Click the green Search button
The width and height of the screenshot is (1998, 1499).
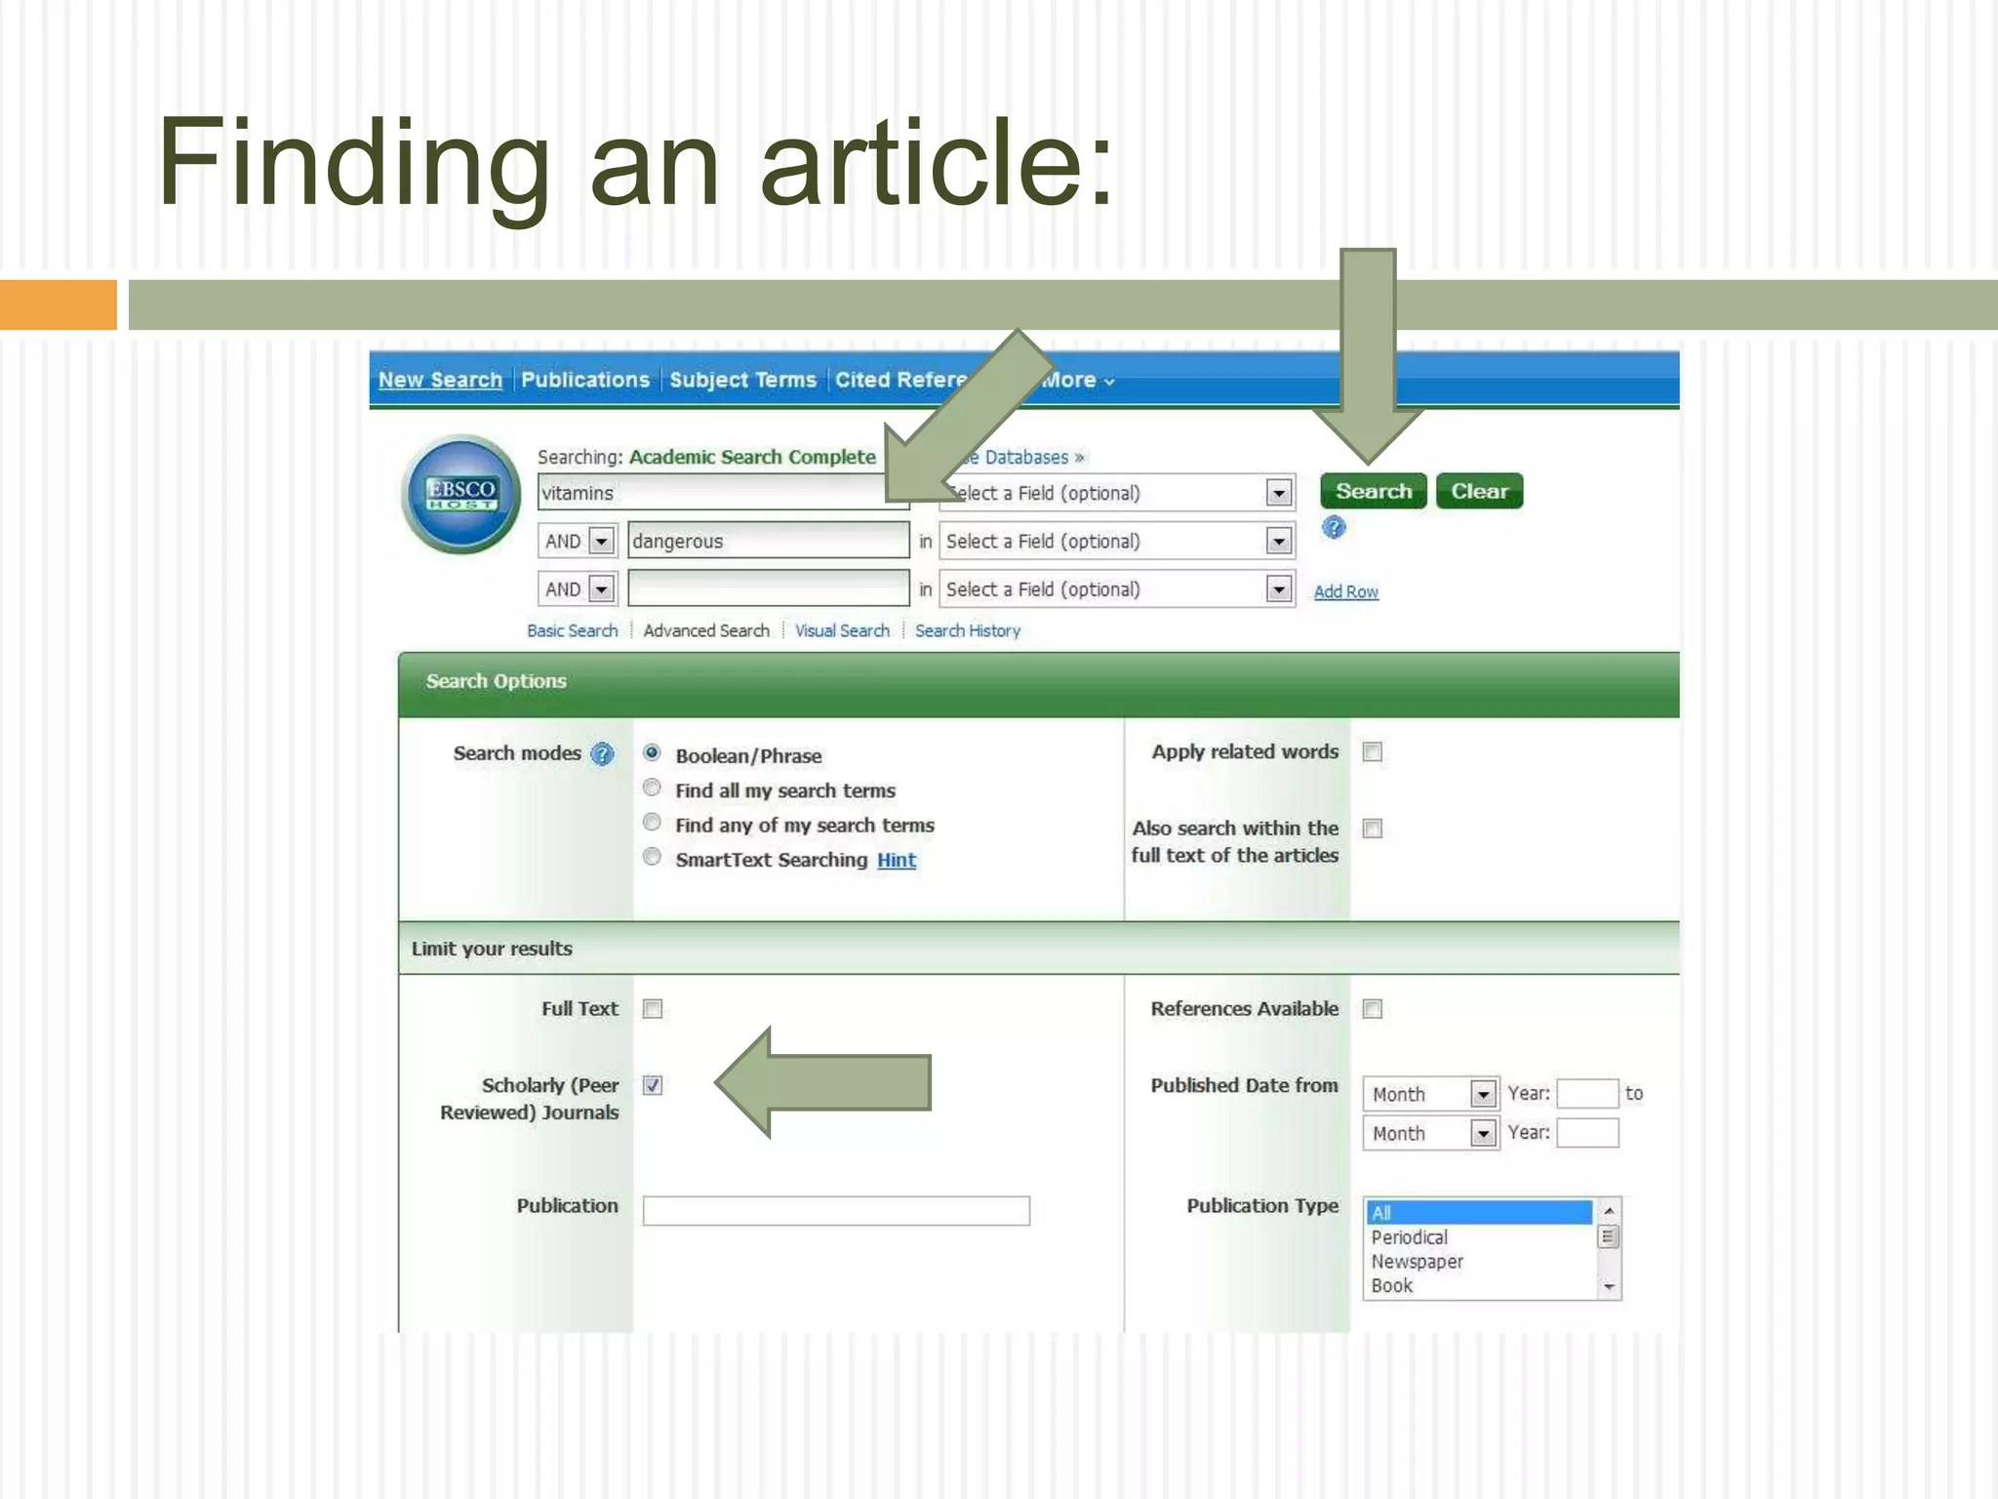pos(1373,491)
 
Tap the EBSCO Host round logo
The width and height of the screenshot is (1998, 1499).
pos(461,494)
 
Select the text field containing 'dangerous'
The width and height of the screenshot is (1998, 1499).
pos(768,541)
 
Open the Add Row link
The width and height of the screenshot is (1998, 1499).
pos(1345,591)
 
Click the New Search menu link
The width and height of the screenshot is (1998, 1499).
pos(440,380)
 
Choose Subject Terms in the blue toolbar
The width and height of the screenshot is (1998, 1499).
pos(742,380)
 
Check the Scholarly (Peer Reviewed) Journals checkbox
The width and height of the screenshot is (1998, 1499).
pos(653,1085)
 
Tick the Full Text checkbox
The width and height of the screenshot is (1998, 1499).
pos(653,1009)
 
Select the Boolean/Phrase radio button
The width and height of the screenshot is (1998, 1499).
pos(653,753)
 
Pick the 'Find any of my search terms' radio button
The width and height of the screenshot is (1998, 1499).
pos(653,823)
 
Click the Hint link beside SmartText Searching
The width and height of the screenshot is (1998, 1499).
pos(896,860)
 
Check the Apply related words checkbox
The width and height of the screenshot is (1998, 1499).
pos(1373,751)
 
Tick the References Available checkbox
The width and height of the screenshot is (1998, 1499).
pos(1373,1009)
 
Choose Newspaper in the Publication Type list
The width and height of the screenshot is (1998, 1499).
pos(1417,1261)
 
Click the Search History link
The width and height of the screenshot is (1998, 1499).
pos(967,630)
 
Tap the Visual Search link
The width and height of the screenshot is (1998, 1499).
pos(842,630)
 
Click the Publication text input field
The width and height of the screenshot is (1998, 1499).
pos(836,1210)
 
